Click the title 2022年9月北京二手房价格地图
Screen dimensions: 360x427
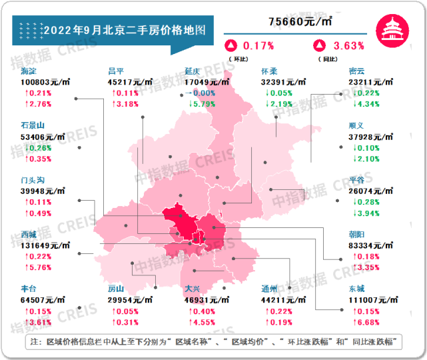124,30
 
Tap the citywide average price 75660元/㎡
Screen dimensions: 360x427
300,22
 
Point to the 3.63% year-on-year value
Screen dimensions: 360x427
348,46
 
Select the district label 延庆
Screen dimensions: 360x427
194,71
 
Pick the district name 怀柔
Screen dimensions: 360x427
270,71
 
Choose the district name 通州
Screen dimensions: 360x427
270,289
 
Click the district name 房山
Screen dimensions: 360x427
117,289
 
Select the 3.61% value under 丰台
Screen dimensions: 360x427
37,323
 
